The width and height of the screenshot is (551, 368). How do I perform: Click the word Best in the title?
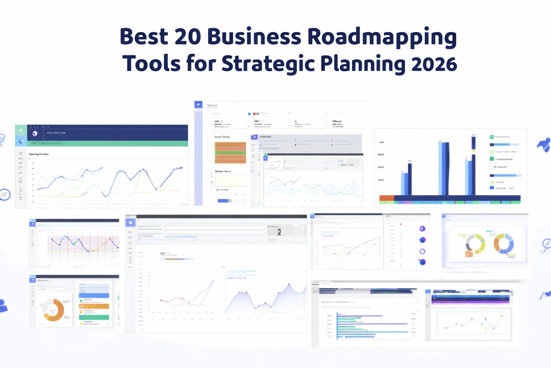coord(143,37)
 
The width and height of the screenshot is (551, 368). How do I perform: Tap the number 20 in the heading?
coord(188,37)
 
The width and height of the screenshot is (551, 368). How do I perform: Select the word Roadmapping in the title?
coord(382,37)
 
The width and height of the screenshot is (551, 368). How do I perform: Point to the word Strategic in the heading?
coord(268,64)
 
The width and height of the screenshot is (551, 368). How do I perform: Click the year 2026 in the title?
coord(434,64)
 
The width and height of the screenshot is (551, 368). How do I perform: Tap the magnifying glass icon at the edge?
coord(546,244)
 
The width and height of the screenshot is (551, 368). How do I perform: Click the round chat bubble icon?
coord(5,194)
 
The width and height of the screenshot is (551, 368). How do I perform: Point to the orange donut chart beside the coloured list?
coord(53,309)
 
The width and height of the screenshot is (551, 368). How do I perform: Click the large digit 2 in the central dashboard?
coord(279,232)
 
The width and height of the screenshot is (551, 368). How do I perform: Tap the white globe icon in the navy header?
coord(35,133)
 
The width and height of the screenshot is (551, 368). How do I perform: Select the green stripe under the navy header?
coord(108,143)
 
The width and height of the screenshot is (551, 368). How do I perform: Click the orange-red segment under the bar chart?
coord(387,198)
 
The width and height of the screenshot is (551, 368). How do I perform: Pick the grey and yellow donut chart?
coord(475,243)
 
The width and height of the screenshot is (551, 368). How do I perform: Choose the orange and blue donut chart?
coord(504,243)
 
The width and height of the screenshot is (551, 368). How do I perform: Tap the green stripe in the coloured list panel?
coord(94,317)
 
